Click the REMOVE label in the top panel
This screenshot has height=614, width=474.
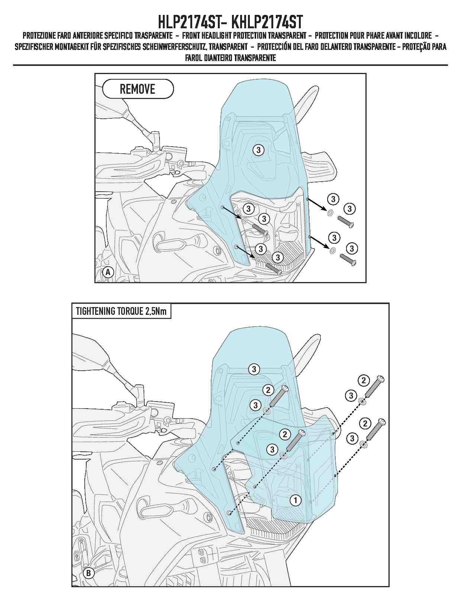click(138, 89)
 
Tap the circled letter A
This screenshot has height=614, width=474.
click(107, 272)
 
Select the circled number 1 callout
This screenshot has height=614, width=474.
click(295, 501)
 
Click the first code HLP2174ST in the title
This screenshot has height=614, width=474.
click(188, 22)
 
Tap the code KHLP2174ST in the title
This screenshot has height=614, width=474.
click(267, 22)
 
